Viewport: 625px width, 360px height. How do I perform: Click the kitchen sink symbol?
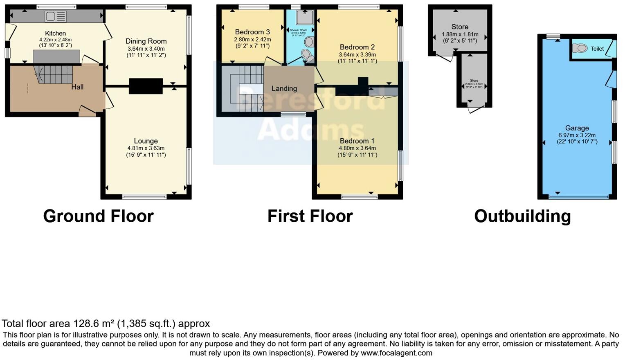[x=56, y=16]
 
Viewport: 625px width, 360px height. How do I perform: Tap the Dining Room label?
[x=146, y=41]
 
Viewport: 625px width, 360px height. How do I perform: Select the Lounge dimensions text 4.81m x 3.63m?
[x=146, y=148]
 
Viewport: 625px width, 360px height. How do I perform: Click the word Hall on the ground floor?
[x=77, y=87]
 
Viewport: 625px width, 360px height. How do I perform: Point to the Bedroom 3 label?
[x=252, y=32]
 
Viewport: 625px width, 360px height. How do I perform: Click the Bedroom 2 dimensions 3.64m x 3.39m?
[x=357, y=54]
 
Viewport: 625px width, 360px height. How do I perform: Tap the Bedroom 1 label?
[x=357, y=141]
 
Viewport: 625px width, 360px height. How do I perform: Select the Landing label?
[x=284, y=88]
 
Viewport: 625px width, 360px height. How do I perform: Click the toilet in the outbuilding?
[x=580, y=48]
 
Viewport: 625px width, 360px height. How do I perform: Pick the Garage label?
[x=577, y=128]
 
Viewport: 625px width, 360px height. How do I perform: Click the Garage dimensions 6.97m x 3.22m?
[x=577, y=135]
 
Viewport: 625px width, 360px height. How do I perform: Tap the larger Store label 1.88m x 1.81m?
[x=460, y=27]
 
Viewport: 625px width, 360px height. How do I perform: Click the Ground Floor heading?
[x=98, y=216]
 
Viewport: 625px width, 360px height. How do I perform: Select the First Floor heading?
[x=310, y=216]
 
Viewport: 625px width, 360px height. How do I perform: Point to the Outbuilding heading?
[x=522, y=216]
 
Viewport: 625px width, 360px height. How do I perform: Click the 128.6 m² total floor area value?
[x=94, y=324]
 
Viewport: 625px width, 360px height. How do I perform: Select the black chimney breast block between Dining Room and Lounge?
[x=146, y=86]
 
